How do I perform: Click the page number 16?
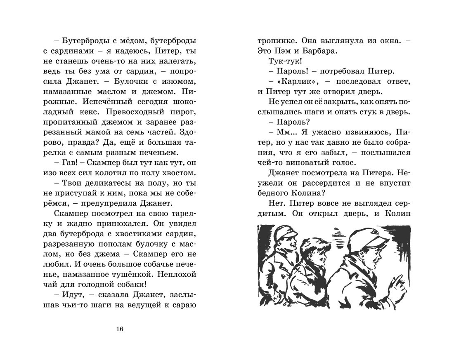[x=120, y=329]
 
